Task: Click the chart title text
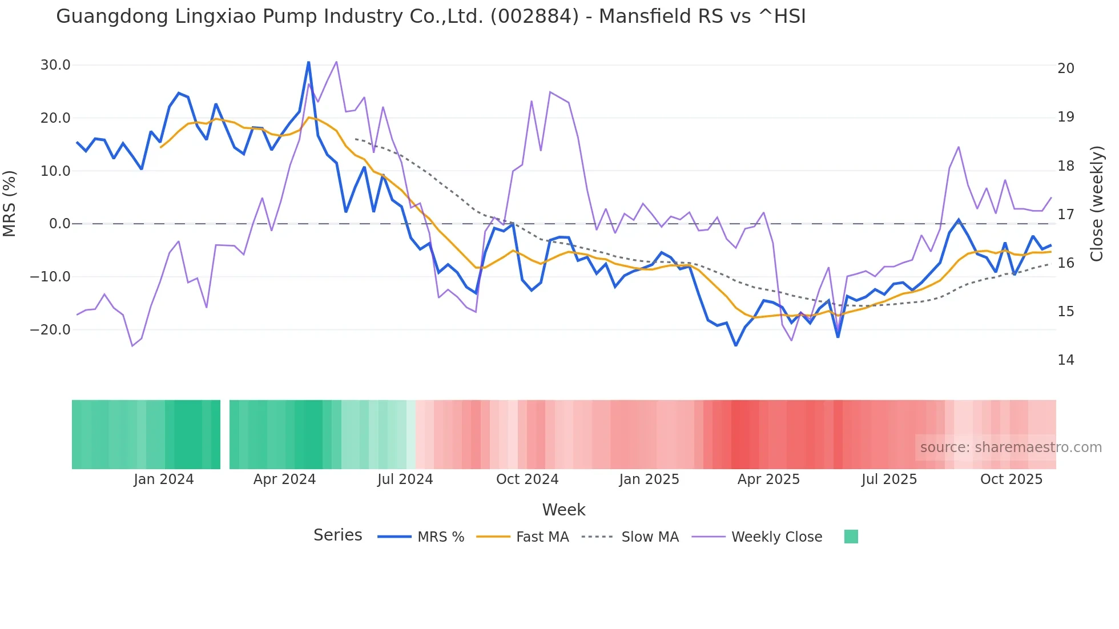(x=430, y=17)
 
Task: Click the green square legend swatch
(x=851, y=537)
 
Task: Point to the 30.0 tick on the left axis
(x=55, y=65)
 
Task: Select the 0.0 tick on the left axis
(x=59, y=224)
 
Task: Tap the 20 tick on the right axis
(x=1065, y=68)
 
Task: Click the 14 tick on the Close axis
(x=1065, y=360)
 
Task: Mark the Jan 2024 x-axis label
(x=164, y=479)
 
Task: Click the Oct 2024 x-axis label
(x=527, y=479)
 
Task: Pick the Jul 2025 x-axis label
(x=889, y=479)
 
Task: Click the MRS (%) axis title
(x=10, y=203)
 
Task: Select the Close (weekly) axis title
(x=1096, y=203)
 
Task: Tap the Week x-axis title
(x=563, y=510)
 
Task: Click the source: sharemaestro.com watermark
(x=1011, y=447)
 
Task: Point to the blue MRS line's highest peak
(x=309, y=62)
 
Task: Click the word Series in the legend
(x=337, y=535)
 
